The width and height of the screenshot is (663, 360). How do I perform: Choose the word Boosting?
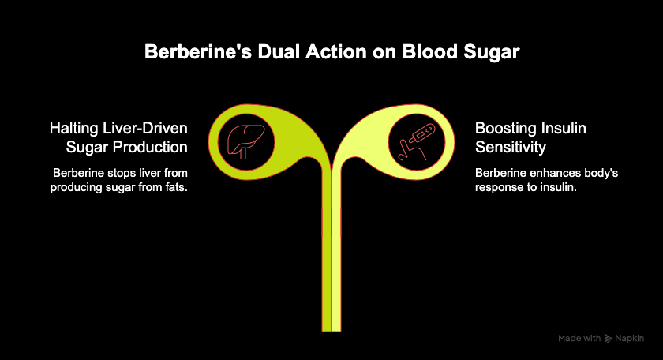505,128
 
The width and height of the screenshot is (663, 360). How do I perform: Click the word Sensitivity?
510,147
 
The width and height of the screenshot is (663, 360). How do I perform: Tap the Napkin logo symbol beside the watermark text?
609,338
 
